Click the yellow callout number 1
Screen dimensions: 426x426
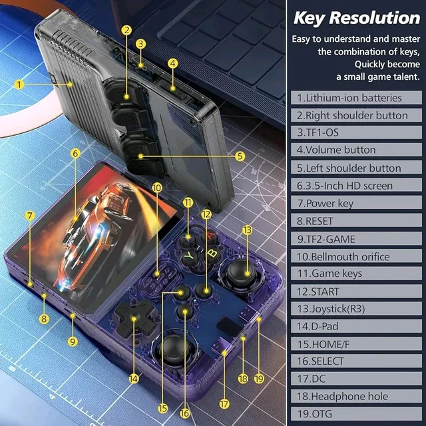[x=19, y=85]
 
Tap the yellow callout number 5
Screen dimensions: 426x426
[x=240, y=156]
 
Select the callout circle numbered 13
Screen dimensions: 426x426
[x=247, y=230]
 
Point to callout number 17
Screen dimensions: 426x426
[x=224, y=404]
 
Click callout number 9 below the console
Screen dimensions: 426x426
[x=73, y=341]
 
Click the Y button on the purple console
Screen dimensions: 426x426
[x=189, y=256]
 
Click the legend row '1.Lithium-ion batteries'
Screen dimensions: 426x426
[x=356, y=98]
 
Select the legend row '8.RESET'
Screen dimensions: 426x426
[x=356, y=220]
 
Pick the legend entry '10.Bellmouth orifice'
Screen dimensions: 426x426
[x=356, y=256]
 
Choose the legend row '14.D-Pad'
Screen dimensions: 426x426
[x=356, y=326]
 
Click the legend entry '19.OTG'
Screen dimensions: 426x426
[x=356, y=413]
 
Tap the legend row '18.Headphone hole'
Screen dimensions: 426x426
[x=356, y=396]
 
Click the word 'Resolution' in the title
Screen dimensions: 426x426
[x=375, y=18]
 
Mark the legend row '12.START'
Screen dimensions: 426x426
[x=356, y=292]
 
